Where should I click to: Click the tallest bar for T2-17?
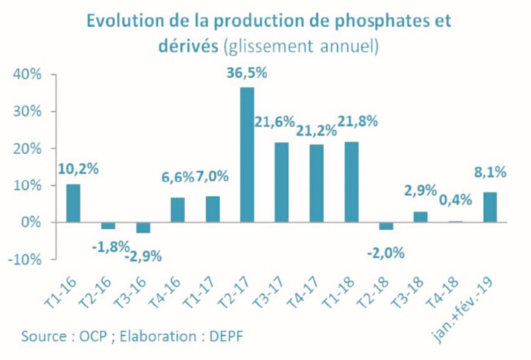[248, 154]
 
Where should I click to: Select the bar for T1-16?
[73, 203]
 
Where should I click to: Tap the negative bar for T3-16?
[142, 227]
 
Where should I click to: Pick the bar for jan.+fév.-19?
[490, 207]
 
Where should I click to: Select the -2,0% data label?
[385, 253]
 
